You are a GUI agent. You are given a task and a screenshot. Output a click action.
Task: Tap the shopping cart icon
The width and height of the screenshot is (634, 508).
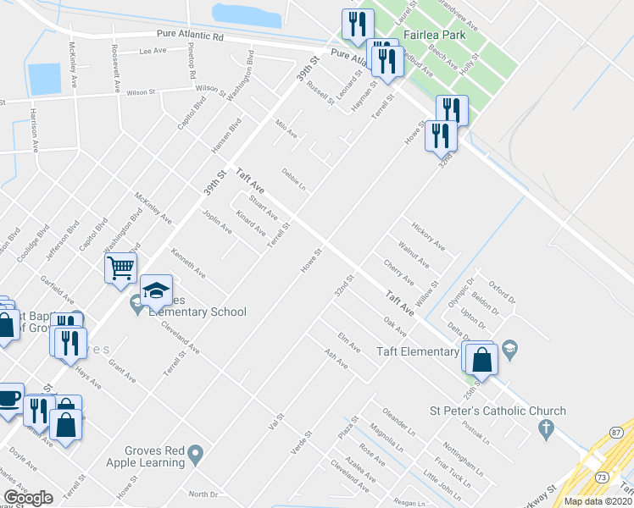pyautogui.click(x=120, y=268)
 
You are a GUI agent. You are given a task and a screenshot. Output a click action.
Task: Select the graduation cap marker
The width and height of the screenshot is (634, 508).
pyautogui.click(x=156, y=290)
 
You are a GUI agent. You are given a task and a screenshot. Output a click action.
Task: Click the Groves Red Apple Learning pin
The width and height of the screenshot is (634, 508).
pyautogui.click(x=196, y=457)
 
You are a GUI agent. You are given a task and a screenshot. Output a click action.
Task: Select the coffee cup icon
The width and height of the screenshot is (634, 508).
pyautogui.click(x=8, y=399)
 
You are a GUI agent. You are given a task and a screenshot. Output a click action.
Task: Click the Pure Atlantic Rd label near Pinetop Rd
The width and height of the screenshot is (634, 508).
pyautogui.click(x=189, y=36)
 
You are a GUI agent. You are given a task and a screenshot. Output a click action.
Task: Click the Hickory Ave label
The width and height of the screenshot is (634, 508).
pyautogui.click(x=428, y=236)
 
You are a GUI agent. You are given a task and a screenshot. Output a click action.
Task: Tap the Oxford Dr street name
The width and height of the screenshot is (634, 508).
pyautogui.click(x=501, y=289)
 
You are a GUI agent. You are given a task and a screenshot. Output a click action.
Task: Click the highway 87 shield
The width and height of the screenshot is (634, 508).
pyautogui.click(x=616, y=433)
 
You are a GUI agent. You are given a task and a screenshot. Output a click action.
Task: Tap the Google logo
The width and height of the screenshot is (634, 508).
pyautogui.click(x=28, y=498)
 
